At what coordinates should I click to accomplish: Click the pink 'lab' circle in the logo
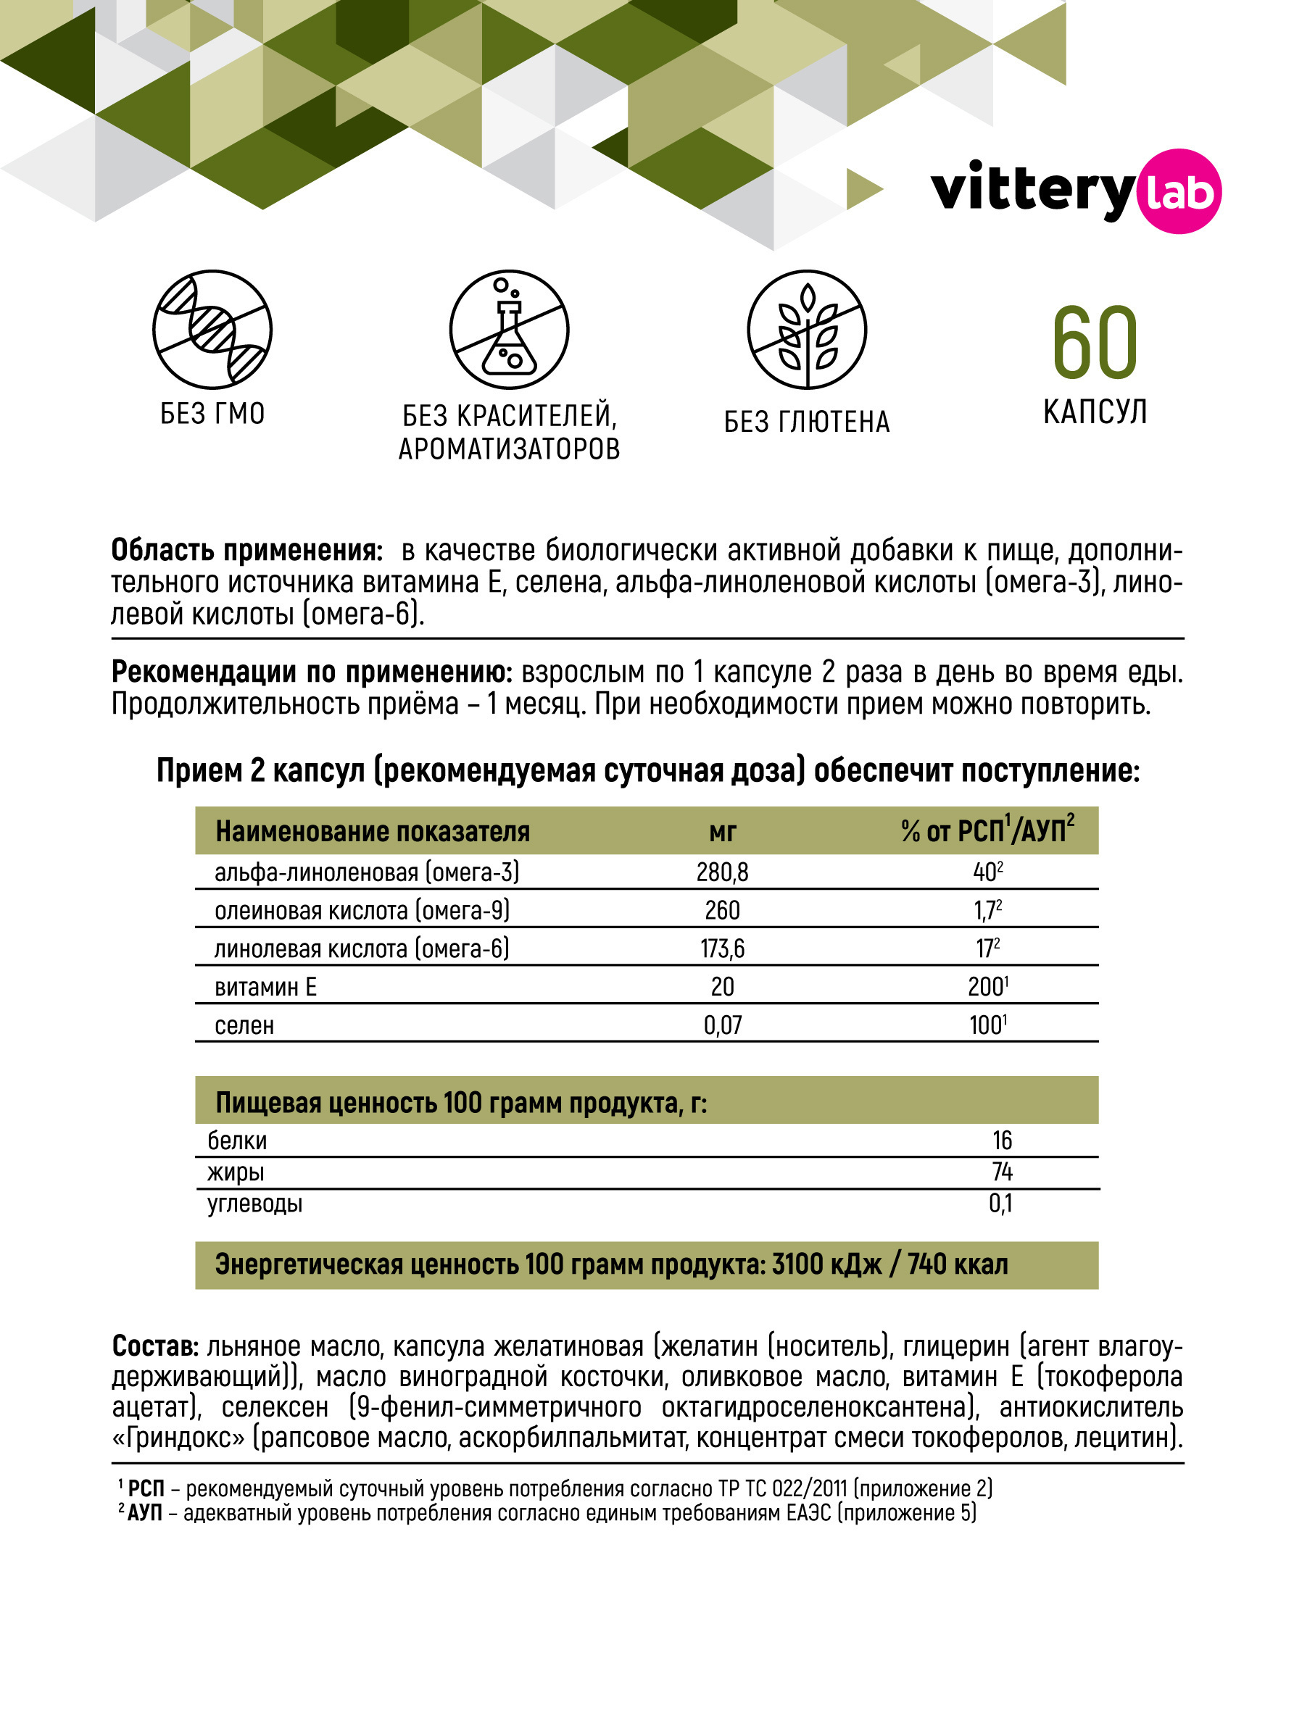pos(1179,191)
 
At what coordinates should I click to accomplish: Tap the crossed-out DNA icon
pos(212,329)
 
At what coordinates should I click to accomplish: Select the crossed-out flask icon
pos(509,329)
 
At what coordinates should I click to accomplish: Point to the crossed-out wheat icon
pos(807,329)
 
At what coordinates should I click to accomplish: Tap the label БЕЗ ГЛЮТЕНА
pos(807,422)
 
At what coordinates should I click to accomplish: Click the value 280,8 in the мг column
pos(722,872)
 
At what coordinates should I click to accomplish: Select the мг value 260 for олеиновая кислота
pos(722,911)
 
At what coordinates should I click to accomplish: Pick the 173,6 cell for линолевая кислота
pos(722,949)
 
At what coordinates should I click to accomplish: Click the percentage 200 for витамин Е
pos(987,987)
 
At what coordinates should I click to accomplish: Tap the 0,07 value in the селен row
pos(722,1025)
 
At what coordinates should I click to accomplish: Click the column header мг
pos(722,832)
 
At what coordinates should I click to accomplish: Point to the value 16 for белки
pos(1001,1141)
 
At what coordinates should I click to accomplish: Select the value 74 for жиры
pos(1001,1172)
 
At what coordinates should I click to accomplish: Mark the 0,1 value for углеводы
pos(1000,1204)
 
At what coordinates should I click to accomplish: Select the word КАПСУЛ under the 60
pos(1094,412)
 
